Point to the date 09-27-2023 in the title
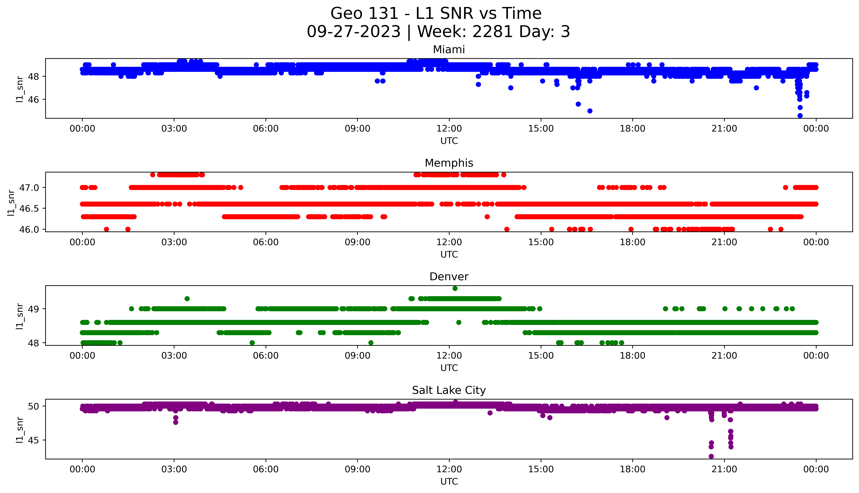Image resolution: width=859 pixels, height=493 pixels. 353,32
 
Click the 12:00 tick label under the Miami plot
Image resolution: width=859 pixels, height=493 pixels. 449,129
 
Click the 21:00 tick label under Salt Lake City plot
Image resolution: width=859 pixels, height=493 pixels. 724,469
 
